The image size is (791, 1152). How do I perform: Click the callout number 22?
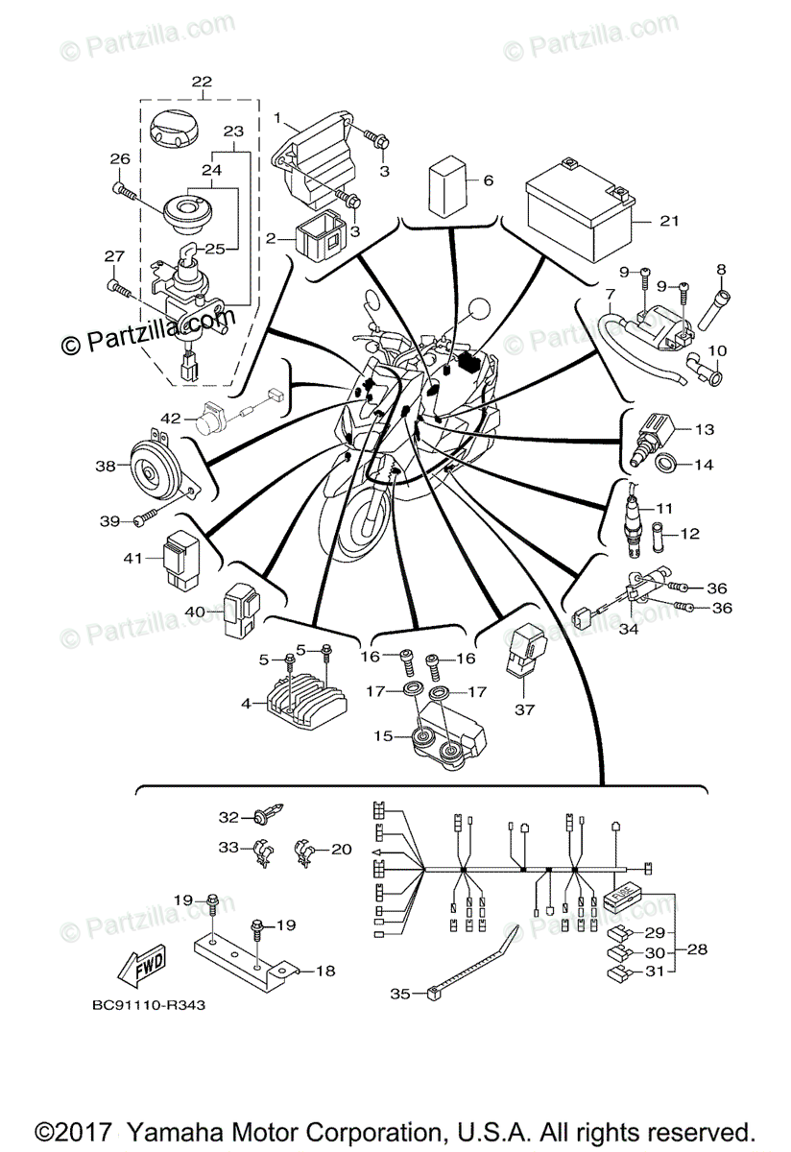pos(202,82)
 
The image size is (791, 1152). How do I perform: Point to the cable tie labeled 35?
pos(475,963)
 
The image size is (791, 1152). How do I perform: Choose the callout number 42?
pos(171,418)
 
